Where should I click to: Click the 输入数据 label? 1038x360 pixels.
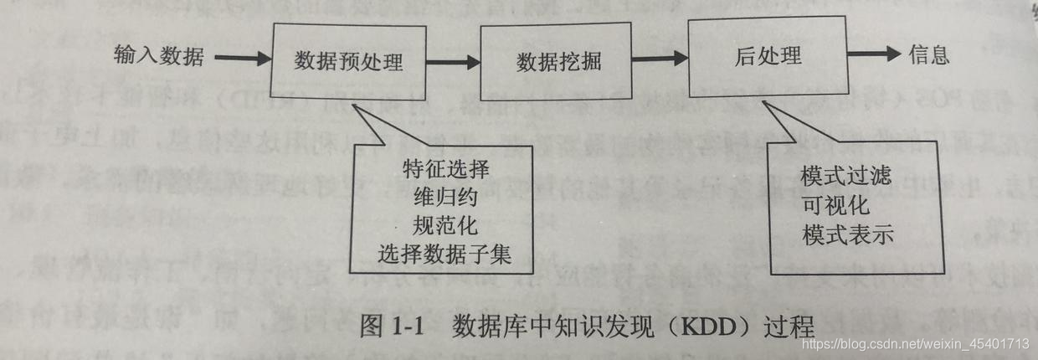158,57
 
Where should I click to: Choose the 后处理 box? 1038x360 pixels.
768,57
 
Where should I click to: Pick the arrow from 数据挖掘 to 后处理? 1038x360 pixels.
663,59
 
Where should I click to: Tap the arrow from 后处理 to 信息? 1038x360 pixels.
872,54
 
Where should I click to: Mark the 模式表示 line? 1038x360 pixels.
846,233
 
